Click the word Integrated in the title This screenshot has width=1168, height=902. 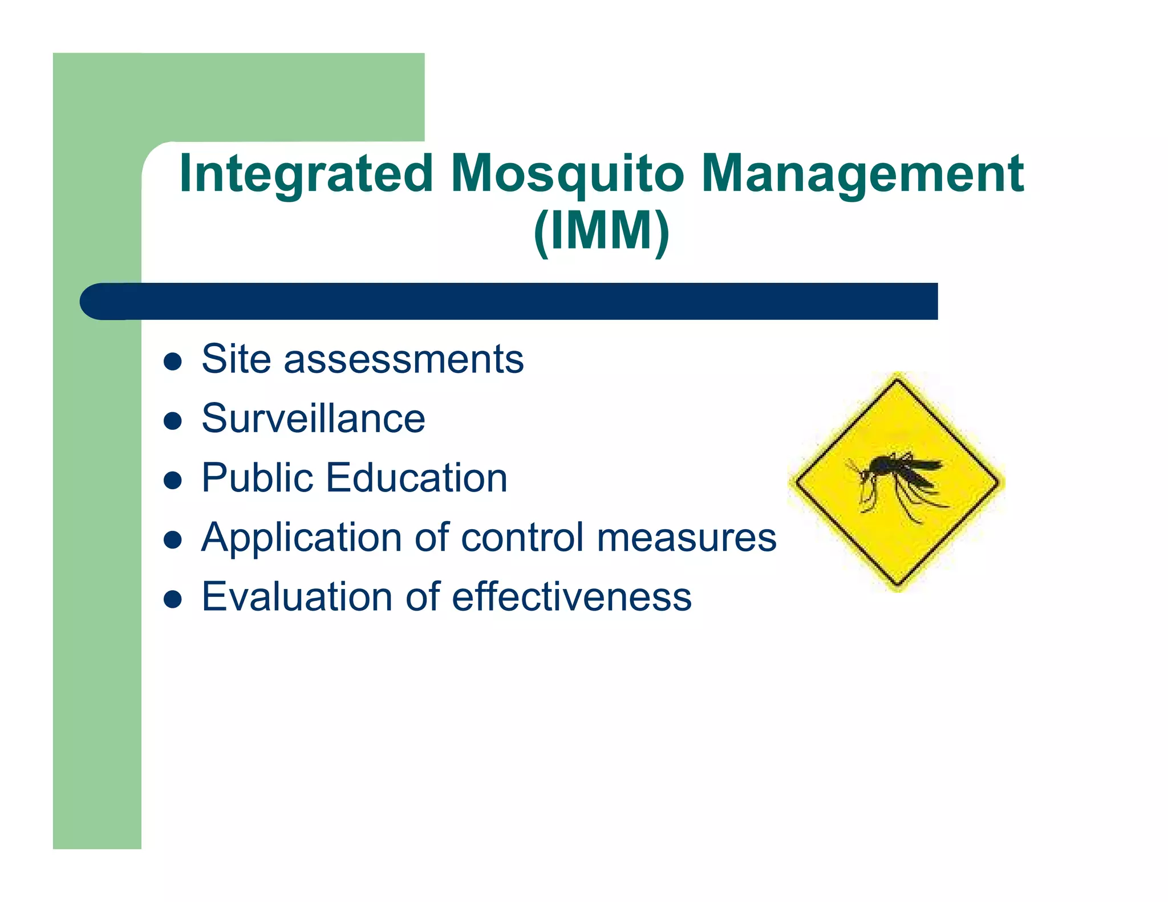point(306,174)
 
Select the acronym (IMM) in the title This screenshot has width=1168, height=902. point(601,231)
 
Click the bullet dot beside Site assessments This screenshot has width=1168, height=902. point(172,361)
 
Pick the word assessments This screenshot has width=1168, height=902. point(404,360)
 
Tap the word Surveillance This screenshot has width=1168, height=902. point(313,419)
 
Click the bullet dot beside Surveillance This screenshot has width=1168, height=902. point(172,421)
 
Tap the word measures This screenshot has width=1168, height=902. point(687,538)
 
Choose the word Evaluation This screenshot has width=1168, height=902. point(297,597)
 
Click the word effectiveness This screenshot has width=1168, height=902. point(571,597)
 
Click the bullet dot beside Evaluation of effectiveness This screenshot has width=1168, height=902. point(172,599)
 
